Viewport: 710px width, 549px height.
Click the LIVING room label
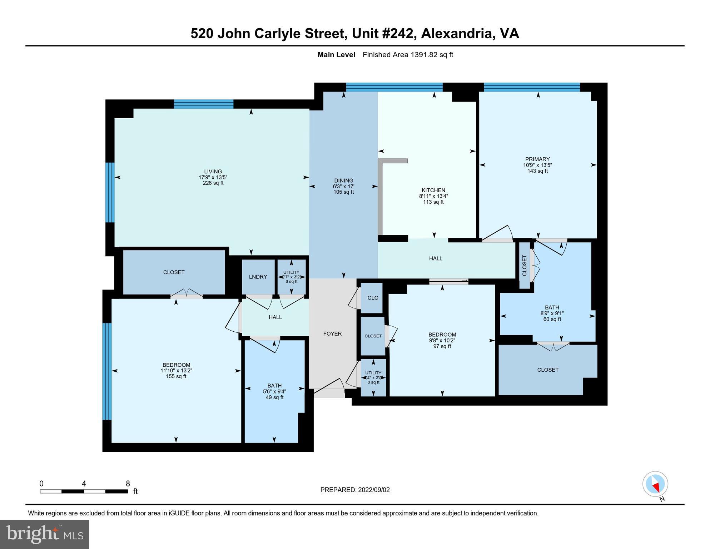click(x=213, y=172)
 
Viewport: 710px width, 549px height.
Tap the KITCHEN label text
click(x=433, y=191)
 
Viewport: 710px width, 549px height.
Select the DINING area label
click(x=343, y=181)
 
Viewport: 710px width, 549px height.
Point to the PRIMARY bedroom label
click(x=537, y=159)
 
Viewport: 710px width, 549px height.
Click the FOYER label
click(x=332, y=334)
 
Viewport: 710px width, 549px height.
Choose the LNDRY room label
click(x=258, y=277)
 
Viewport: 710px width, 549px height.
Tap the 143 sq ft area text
click(x=537, y=171)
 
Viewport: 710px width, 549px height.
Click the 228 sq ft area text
click(x=213, y=183)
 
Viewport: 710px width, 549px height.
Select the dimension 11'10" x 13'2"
click(x=176, y=371)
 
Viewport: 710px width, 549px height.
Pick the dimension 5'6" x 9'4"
click(x=274, y=391)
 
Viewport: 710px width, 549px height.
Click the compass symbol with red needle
click(x=655, y=484)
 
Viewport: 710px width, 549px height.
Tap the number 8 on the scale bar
click(x=128, y=484)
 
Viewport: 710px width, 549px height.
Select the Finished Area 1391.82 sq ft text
click(x=408, y=55)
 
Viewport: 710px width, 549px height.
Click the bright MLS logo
click(x=45, y=534)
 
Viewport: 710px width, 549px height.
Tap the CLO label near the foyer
click(x=373, y=298)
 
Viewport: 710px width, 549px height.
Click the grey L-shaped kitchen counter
click(x=381, y=197)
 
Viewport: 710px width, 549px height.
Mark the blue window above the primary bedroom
click(x=531, y=87)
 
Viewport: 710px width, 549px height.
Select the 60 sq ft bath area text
click(x=552, y=319)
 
